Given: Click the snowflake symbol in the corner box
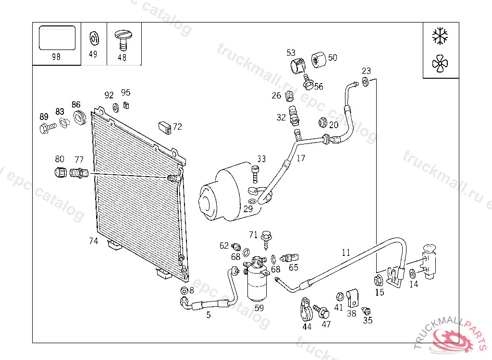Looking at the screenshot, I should point(440,36).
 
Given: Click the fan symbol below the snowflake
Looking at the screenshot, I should point(440,64).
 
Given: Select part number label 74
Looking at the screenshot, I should point(93,241).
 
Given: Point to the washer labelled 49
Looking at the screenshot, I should point(93,37).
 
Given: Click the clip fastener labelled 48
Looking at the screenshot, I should point(122,38).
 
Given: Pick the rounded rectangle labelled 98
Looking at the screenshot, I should point(57,38).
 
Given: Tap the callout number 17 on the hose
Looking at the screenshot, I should point(301,158).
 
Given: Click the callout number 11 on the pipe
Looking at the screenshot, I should point(346,252).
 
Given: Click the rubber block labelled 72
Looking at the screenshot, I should point(165,128).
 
